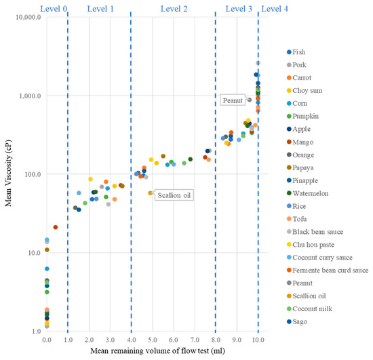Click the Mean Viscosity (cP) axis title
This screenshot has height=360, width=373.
pos(8,174)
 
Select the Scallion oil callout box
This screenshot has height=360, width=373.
pos(174,195)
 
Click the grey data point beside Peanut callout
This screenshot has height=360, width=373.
pos(250,100)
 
